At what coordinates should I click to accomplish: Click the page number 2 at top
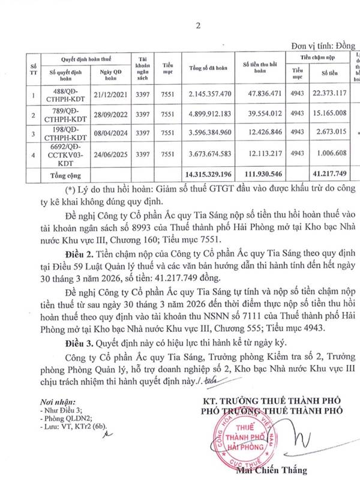pos(180,25)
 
